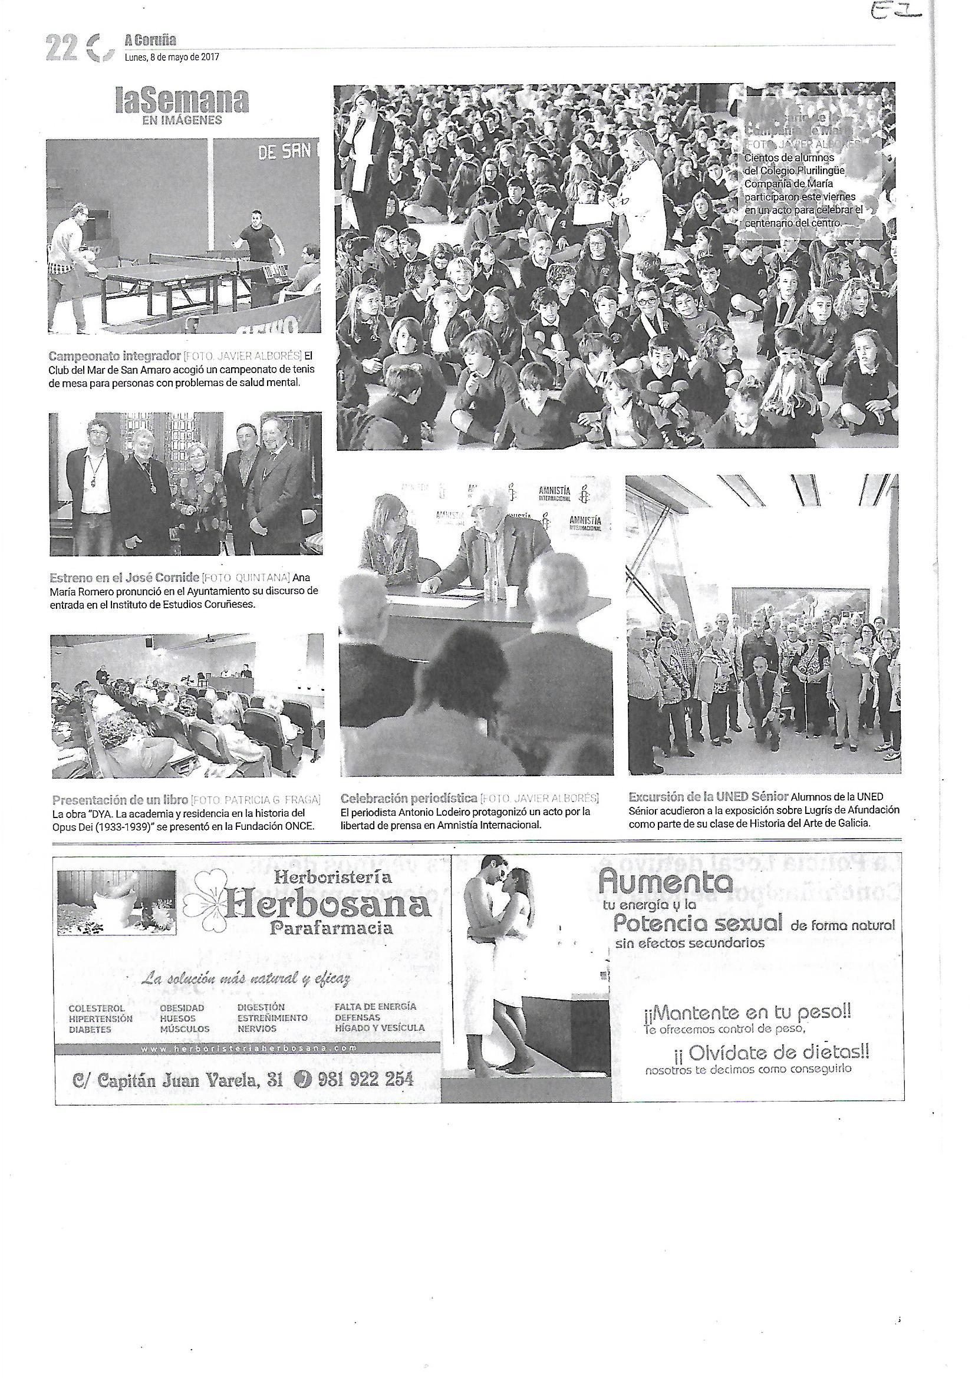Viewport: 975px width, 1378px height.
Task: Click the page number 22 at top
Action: tap(60, 48)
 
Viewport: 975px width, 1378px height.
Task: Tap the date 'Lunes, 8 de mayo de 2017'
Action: tap(172, 58)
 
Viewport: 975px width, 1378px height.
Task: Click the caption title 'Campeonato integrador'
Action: tap(115, 355)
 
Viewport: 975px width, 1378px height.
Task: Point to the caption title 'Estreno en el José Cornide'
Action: tap(124, 578)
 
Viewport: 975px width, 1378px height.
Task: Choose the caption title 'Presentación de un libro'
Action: tap(120, 800)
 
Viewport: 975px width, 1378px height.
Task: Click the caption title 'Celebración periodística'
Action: tap(409, 798)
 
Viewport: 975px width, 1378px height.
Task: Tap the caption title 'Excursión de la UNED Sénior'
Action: tap(709, 797)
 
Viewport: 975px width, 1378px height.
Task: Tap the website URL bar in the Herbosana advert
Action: tap(248, 1049)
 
